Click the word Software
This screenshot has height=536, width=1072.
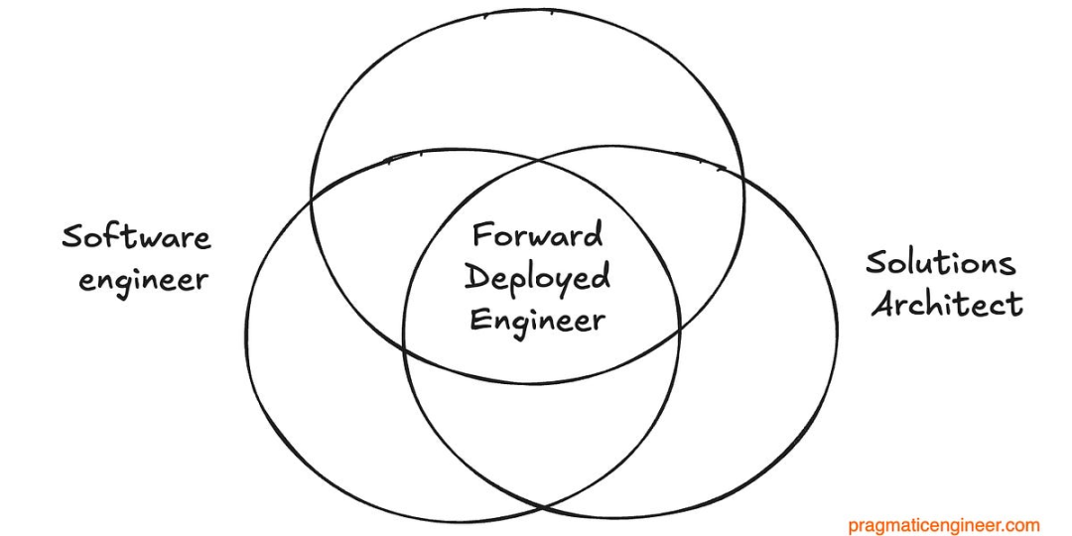[137, 238]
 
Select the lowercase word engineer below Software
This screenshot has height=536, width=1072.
[144, 281]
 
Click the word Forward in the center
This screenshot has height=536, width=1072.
[537, 236]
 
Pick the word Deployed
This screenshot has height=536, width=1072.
[537, 278]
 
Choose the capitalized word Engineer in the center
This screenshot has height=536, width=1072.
[537, 321]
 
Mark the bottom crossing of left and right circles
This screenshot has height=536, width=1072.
[542, 509]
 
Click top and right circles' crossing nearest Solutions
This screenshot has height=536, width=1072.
[742, 179]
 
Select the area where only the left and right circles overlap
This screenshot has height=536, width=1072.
[542, 437]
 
